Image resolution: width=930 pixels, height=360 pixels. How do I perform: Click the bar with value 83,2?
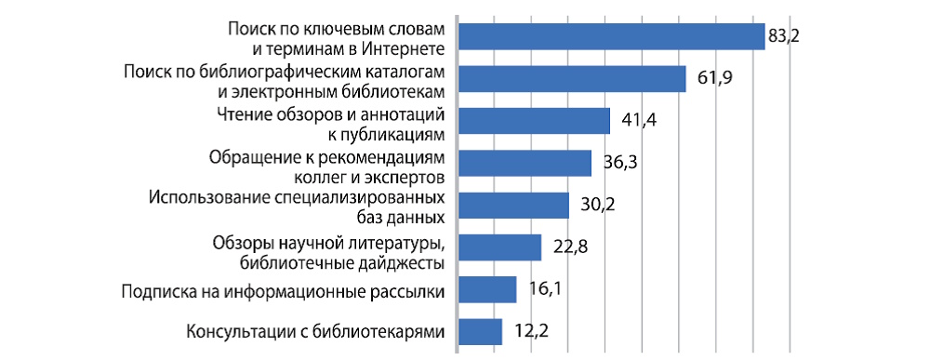pos(612,36)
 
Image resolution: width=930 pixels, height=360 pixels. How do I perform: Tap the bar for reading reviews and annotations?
pos(535,122)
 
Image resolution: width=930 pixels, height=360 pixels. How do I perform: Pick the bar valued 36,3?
pos(525,163)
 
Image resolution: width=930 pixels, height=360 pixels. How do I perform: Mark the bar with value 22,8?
pos(500,247)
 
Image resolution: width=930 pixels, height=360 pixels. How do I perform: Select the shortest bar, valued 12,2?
pos(481,332)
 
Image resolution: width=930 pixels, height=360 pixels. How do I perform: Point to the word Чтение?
pos(241,114)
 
